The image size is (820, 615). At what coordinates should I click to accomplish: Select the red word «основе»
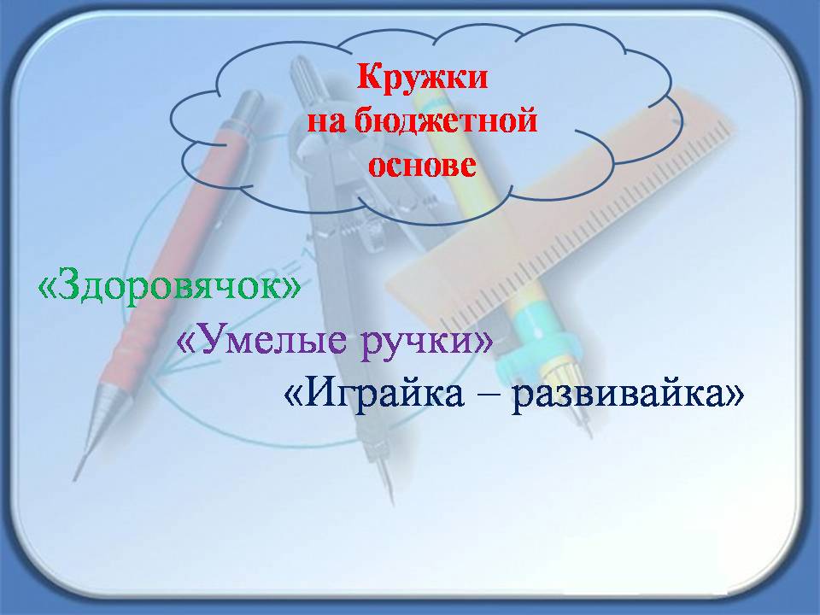422,165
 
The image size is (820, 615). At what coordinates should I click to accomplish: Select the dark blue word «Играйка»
384,392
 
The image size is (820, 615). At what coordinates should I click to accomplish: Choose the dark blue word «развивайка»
618,395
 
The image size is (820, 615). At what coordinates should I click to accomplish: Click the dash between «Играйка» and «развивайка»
488,395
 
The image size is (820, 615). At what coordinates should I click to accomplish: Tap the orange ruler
565,209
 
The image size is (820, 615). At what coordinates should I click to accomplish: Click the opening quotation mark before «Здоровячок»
48,287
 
